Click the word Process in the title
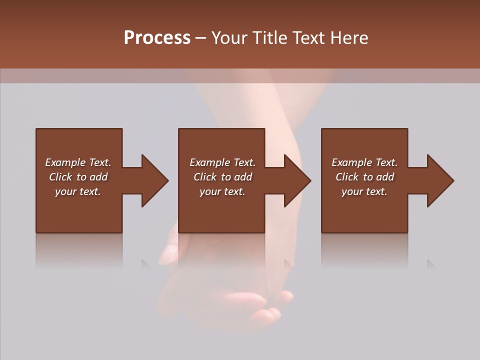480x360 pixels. (x=157, y=38)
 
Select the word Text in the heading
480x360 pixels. (x=307, y=38)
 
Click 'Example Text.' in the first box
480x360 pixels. (x=78, y=162)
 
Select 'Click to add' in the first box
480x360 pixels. (x=78, y=177)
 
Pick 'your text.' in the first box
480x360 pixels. (x=78, y=191)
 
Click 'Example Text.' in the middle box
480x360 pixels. (x=222, y=162)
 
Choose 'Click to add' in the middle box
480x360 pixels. (x=222, y=177)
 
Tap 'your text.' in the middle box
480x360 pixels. (x=222, y=191)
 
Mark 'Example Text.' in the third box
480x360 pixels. (x=364, y=162)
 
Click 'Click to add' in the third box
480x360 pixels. (x=364, y=177)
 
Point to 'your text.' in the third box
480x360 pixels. (x=364, y=191)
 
